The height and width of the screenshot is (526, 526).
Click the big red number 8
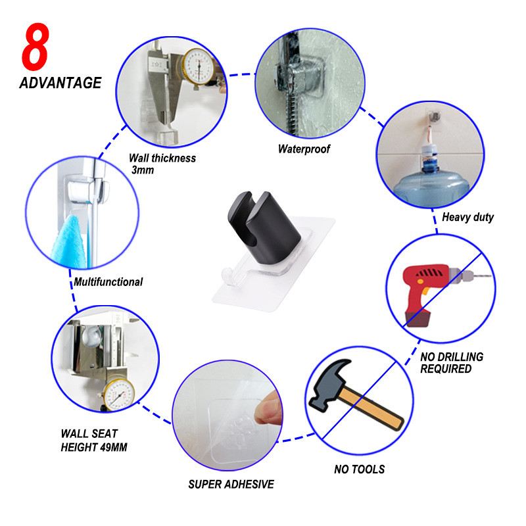click(x=36, y=47)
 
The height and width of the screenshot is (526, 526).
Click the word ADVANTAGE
click(x=60, y=83)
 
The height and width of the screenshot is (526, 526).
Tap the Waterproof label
click(x=304, y=149)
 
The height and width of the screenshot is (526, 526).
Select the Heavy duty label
click(x=468, y=217)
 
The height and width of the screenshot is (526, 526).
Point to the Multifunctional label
click(x=108, y=282)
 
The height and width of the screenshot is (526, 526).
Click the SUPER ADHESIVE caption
click(x=231, y=484)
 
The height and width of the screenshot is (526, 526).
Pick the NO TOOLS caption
click(x=359, y=469)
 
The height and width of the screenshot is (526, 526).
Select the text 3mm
click(x=143, y=170)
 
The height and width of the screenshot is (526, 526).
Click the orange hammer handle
click(x=371, y=408)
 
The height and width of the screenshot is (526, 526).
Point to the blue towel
click(x=69, y=243)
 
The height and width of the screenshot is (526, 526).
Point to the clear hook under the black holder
click(x=231, y=277)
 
